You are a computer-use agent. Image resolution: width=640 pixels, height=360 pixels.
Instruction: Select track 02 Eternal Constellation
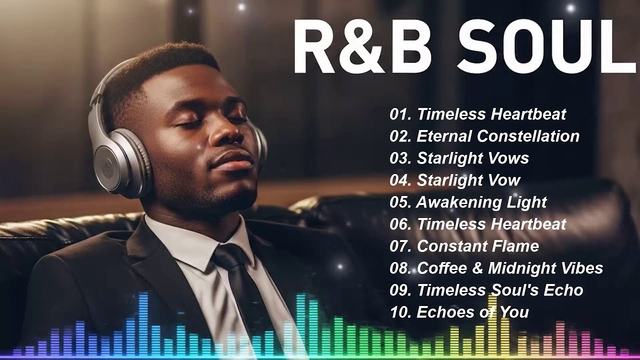[x=484, y=136]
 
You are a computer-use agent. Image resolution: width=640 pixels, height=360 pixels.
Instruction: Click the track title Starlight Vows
[x=472, y=158]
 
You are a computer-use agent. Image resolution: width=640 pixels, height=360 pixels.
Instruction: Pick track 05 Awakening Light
[x=468, y=202]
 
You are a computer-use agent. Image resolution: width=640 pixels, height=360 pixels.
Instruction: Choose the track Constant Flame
[x=477, y=246]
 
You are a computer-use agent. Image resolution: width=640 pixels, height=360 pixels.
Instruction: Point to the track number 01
[x=400, y=114]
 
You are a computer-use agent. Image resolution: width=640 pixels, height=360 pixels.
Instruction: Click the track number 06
[x=400, y=224]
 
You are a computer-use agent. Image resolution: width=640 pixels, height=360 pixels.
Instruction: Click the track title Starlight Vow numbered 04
[x=468, y=180]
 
